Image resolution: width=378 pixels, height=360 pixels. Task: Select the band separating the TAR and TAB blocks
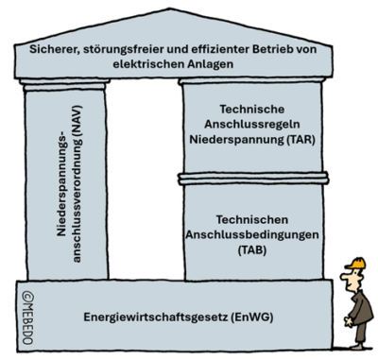coord(249,177)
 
